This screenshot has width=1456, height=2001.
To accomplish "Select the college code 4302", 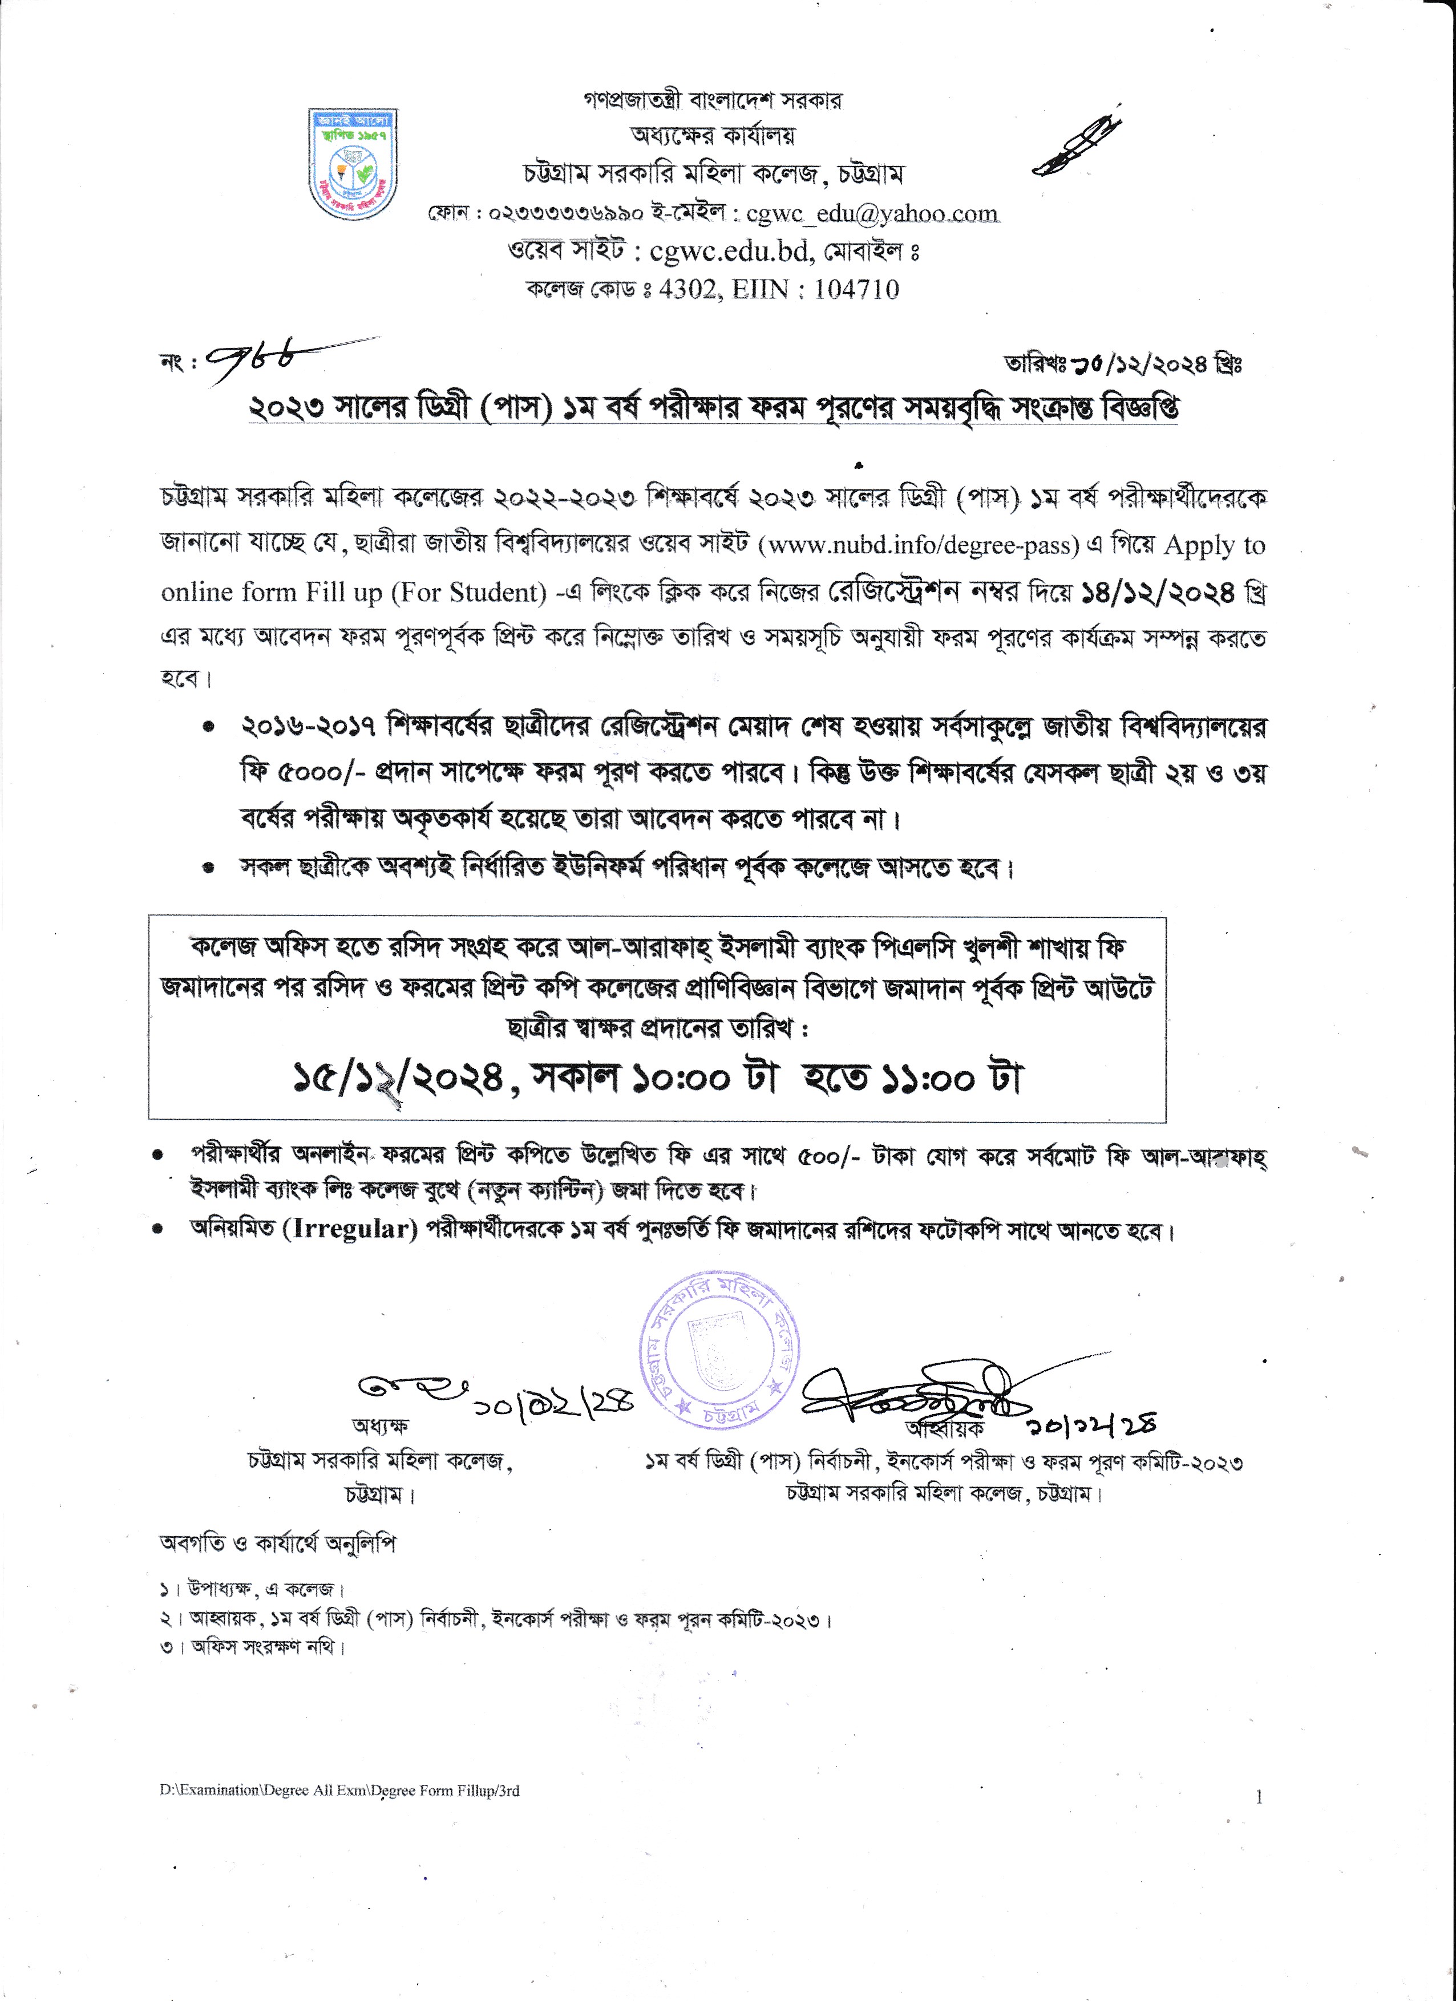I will [x=687, y=289].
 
